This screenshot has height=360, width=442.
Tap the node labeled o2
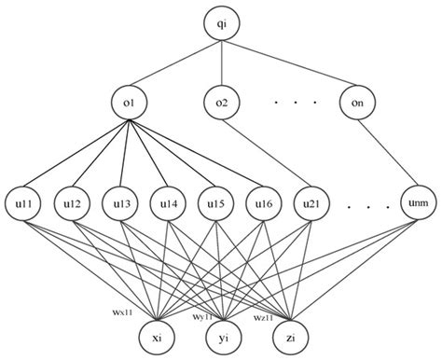pyautogui.click(x=222, y=101)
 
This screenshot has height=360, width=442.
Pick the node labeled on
pyautogui.click(x=358, y=101)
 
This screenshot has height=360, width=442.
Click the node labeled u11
pyautogui.click(x=24, y=203)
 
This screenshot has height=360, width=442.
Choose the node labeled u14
pyautogui.click(x=168, y=203)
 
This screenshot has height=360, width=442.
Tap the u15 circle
pyautogui.click(x=214, y=203)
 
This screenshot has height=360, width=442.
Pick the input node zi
pyautogui.click(x=290, y=334)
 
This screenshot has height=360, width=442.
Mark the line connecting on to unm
pyautogui.click(x=386, y=152)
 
